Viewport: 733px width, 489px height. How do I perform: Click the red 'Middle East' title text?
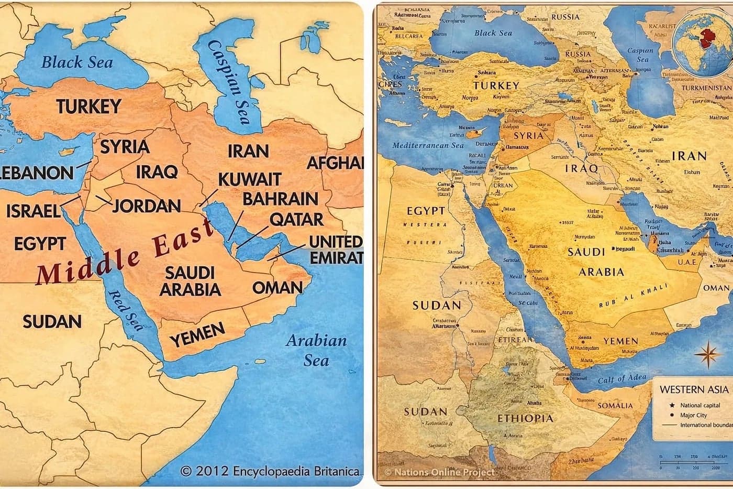[x=125, y=251]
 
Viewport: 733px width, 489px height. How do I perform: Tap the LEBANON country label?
[x=37, y=172]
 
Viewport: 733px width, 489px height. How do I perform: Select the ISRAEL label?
[x=33, y=211]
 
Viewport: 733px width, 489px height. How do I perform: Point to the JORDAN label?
[x=147, y=205]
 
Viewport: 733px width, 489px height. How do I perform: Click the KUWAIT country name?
[x=249, y=179]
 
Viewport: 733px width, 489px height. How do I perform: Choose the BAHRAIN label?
[x=280, y=199]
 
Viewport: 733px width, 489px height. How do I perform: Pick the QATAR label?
[x=296, y=219]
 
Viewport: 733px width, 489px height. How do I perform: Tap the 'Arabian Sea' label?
[x=316, y=350]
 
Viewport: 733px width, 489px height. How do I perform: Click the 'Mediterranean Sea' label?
[x=428, y=145]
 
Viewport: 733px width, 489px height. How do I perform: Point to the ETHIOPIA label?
[x=525, y=418]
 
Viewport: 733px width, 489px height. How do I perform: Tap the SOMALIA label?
[x=615, y=405]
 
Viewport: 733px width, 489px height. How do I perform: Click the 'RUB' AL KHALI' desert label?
[x=634, y=296]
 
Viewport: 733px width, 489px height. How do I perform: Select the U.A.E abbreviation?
[x=687, y=262]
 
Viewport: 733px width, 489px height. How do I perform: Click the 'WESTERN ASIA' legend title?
[x=694, y=389]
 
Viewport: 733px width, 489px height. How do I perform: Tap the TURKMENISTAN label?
[x=706, y=88]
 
